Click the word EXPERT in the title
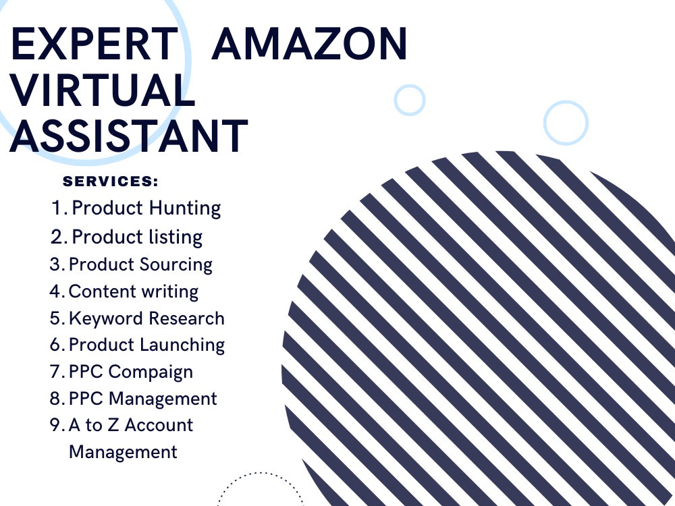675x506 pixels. tap(94, 43)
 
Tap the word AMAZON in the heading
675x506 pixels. tap(310, 43)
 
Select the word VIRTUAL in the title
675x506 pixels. tap(103, 90)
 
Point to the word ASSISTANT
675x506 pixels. tap(129, 136)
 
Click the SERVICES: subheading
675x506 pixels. tap(111, 181)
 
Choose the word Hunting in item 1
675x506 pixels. tap(185, 208)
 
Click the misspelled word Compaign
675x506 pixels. tap(151, 372)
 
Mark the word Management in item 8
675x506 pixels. tap(163, 399)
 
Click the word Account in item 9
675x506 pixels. tap(159, 425)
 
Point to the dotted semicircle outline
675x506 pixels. tap(260, 473)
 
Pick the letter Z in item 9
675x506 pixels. tap(113, 425)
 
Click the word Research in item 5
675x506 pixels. tap(187, 319)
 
